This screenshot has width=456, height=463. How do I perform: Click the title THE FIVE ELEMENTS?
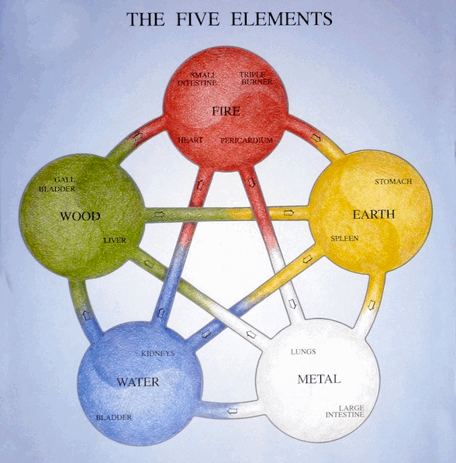coord(229,19)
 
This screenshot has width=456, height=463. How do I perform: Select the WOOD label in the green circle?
coord(80,216)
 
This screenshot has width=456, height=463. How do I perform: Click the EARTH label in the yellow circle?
coord(374,214)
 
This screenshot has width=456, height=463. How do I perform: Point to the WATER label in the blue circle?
coord(137,382)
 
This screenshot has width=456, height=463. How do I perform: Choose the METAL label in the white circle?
coord(319,379)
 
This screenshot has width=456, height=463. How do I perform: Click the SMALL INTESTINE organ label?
coord(197,78)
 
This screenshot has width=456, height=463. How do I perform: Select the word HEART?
coord(191,140)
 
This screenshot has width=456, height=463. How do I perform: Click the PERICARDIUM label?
coord(247,140)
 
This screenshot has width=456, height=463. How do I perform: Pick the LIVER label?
coord(114,240)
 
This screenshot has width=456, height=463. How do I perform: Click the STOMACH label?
coord(393,181)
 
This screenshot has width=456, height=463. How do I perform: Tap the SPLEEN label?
coord(345,238)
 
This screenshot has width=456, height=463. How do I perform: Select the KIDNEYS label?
coord(157,354)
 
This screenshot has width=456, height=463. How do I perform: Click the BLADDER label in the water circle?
coord(113,417)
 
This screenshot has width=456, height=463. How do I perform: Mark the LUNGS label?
coord(302,351)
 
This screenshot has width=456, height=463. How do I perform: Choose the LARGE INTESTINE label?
coord(351,411)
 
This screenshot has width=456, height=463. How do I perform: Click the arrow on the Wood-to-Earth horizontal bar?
coord(289,212)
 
